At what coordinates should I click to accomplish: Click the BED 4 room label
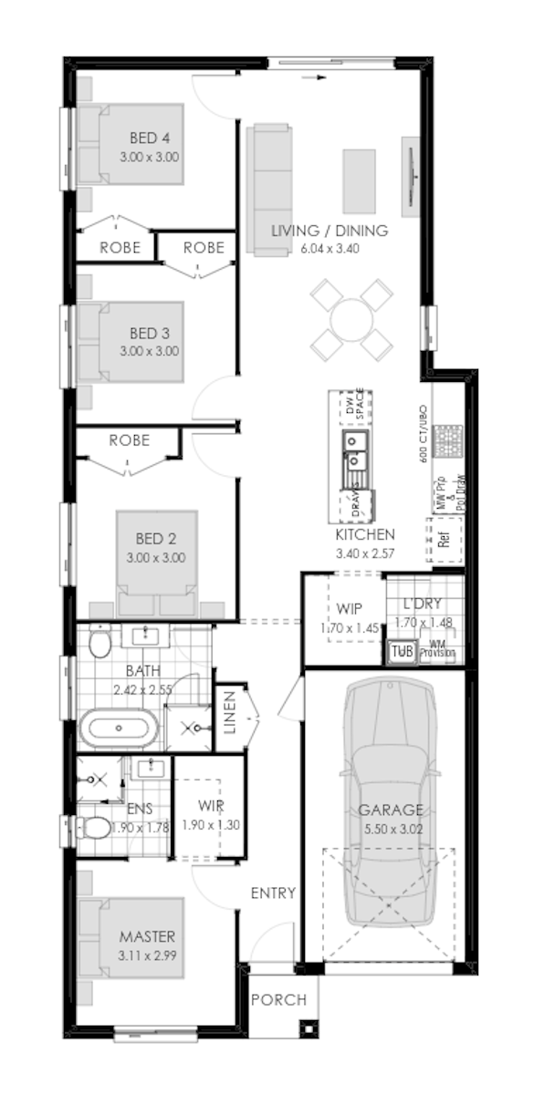pyautogui.click(x=149, y=139)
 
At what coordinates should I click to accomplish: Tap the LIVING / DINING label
pyautogui.click(x=329, y=231)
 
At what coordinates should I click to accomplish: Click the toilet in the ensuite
pyautogui.click(x=92, y=828)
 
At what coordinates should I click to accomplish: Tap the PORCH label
pyautogui.click(x=278, y=1000)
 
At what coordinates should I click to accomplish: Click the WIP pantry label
pyautogui.click(x=350, y=608)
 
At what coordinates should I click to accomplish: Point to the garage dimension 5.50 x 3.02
pyautogui.click(x=391, y=829)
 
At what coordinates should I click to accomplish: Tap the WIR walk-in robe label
pyautogui.click(x=211, y=806)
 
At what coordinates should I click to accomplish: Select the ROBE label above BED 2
pyautogui.click(x=129, y=439)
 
